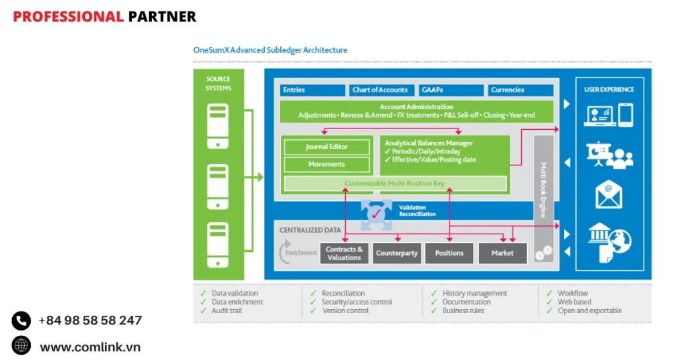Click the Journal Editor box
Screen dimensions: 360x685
click(x=326, y=147)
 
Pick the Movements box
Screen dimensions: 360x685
click(x=326, y=164)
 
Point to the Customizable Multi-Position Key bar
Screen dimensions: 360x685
click(x=395, y=183)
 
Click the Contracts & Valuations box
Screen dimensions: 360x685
click(x=345, y=253)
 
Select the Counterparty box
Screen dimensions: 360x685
click(x=397, y=253)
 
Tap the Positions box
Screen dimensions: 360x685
click(x=450, y=253)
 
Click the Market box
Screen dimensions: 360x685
click(x=502, y=253)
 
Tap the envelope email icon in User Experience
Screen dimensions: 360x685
click(x=609, y=195)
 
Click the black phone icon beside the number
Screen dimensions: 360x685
click(x=21, y=321)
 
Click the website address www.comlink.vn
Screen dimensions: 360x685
click(x=90, y=347)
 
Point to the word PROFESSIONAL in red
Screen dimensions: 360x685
click(x=68, y=17)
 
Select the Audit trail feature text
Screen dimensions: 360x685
click(x=227, y=310)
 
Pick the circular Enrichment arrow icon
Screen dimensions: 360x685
click(x=285, y=253)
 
